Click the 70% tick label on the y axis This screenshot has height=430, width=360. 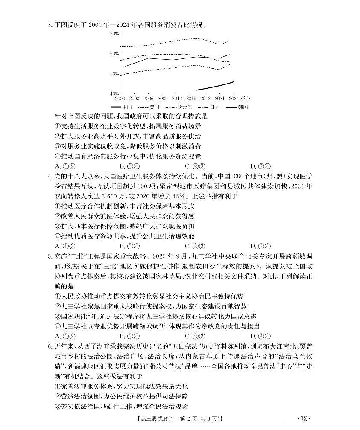pos(114,33)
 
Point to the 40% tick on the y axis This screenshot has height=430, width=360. pos(114,93)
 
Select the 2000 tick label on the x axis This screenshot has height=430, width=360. pos(120,99)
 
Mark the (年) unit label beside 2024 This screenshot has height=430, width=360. pos(246,99)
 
